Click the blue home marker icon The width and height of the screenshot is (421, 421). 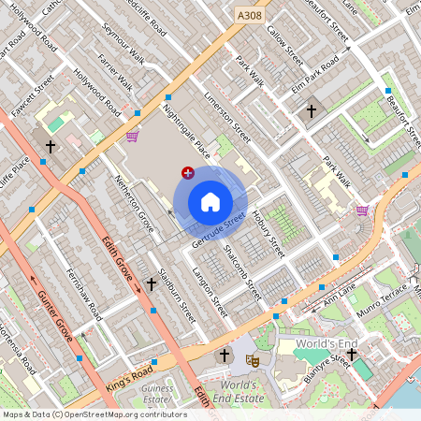coord(210,202)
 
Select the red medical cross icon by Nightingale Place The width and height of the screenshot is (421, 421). coord(188,172)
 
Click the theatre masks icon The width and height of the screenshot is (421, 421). coord(251,358)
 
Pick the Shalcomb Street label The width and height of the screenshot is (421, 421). coord(242,271)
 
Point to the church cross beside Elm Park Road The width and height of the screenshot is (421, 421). coord(312,111)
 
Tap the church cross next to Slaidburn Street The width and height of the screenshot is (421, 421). coord(152,283)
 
